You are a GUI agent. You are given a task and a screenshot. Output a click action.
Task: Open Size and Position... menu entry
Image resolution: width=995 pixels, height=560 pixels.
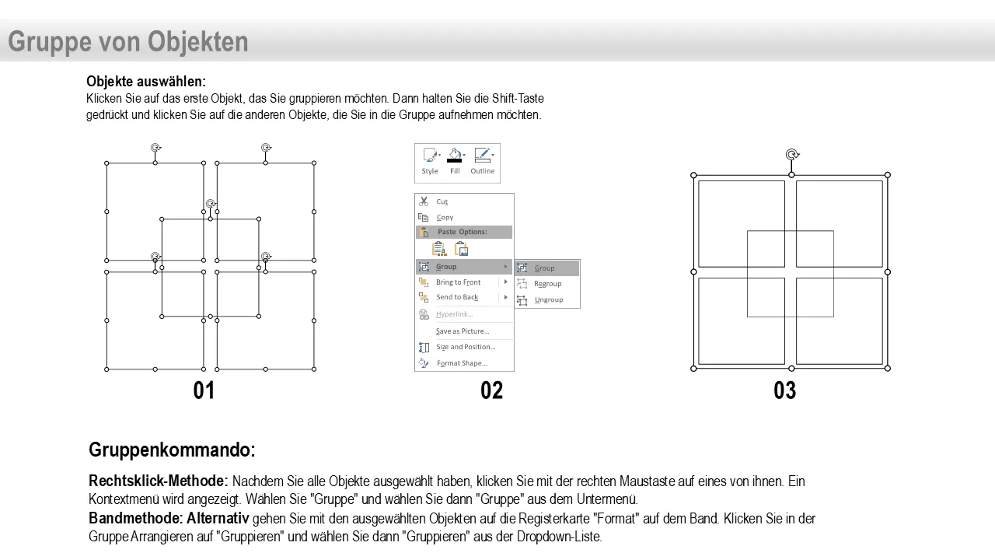(464, 347)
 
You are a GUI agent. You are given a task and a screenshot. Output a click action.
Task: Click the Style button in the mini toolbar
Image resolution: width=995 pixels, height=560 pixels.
(430, 161)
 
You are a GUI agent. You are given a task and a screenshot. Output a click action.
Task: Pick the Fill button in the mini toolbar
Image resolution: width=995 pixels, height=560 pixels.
(455, 161)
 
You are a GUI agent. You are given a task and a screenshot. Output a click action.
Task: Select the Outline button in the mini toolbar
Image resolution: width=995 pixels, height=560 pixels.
(483, 161)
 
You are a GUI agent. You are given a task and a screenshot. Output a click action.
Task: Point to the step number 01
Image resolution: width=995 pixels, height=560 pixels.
(204, 390)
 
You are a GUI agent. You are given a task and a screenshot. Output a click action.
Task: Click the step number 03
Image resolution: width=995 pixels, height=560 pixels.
(785, 390)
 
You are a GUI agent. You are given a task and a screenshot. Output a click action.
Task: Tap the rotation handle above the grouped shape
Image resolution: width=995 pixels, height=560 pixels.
(792, 155)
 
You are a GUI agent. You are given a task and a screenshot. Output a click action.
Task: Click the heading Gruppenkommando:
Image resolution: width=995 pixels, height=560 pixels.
(172, 450)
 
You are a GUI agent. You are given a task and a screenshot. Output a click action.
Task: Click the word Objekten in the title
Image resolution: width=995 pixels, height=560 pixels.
(197, 42)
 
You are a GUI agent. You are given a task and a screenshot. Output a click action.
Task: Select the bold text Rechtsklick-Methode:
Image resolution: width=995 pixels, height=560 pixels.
(158, 481)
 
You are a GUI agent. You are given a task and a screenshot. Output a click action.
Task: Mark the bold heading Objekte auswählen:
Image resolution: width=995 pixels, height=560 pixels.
(146, 82)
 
